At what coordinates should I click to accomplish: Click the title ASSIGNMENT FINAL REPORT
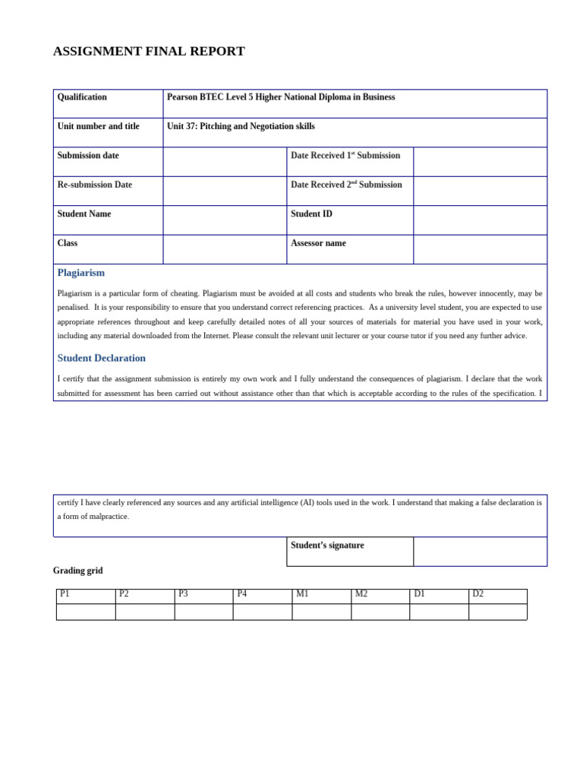point(149,52)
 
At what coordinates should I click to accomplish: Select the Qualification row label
point(82,97)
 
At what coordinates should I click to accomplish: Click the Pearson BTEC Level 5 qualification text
point(281,97)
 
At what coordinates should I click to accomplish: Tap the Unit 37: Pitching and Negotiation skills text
point(241,126)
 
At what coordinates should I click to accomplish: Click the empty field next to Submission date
point(225,162)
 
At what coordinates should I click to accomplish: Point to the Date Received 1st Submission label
point(345,156)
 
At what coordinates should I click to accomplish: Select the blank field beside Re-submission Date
point(225,191)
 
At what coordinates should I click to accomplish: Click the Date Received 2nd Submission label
point(346,185)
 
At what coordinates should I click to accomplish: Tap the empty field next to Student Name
point(225,220)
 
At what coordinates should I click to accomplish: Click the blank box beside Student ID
point(480,220)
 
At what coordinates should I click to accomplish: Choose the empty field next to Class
point(225,249)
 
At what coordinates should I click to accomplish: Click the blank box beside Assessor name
point(480,249)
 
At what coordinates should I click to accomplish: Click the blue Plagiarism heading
point(81,273)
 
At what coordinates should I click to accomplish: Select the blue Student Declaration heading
point(102,358)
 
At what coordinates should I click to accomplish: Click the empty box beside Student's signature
point(480,552)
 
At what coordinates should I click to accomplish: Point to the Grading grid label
point(77,571)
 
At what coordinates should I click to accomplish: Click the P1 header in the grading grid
point(65,594)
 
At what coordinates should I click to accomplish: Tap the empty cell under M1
point(321,612)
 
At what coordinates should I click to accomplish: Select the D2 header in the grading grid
point(478,594)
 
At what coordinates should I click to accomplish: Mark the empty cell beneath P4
point(263,612)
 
